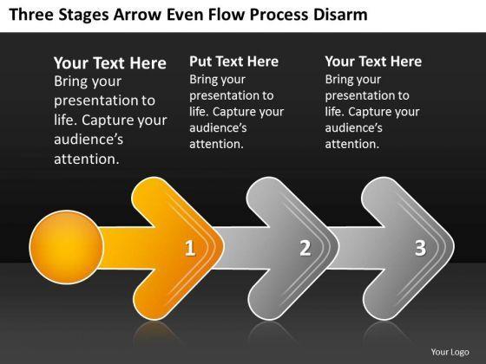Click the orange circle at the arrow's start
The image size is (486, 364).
point(66,247)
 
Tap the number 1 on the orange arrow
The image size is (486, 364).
point(190,248)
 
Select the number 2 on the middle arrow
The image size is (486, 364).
point(305,248)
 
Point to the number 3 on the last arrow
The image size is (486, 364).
point(420,248)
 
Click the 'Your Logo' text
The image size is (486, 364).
point(450,352)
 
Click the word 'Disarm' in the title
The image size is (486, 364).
point(340,15)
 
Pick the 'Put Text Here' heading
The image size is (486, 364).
point(233,62)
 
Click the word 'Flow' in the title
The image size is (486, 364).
point(227,15)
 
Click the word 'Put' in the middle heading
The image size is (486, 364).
point(200,62)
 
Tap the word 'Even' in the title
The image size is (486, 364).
point(185,15)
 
